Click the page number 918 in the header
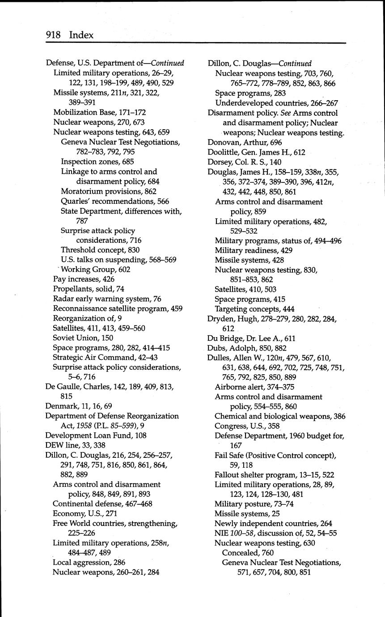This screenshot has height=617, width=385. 53,35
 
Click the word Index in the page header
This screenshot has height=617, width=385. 81,35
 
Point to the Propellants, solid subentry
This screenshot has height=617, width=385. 83,289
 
